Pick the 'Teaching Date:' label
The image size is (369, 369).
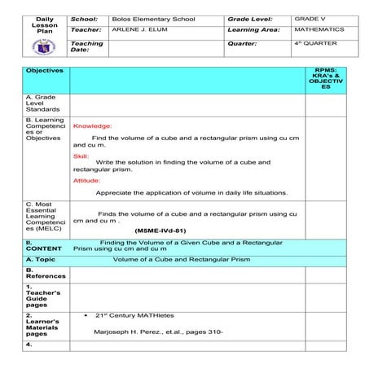(x=87, y=46)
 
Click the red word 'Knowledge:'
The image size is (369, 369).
(x=93, y=126)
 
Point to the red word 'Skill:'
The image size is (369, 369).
(x=81, y=155)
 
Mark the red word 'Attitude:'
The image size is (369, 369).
(x=86, y=180)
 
